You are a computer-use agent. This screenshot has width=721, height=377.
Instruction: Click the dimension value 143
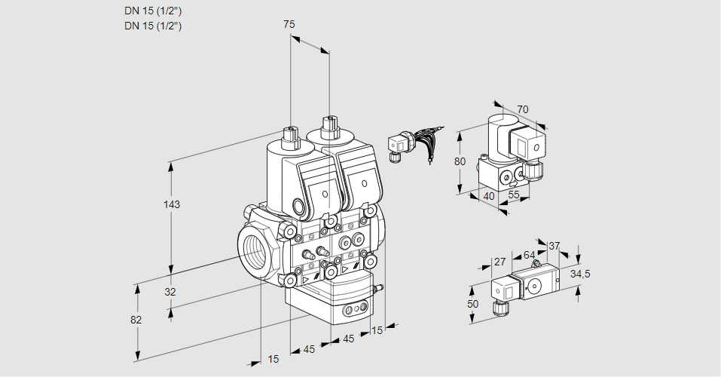[172, 204]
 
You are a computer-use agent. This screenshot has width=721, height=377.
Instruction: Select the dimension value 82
[136, 320]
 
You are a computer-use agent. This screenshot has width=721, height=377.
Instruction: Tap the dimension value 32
[170, 292]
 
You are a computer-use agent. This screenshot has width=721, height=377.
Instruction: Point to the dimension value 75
[289, 24]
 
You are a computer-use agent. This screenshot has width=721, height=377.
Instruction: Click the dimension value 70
[523, 109]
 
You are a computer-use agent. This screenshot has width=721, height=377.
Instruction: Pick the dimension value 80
[460, 161]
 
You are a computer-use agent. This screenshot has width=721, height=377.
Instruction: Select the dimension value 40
[489, 197]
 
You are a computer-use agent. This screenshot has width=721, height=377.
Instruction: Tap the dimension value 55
[514, 195]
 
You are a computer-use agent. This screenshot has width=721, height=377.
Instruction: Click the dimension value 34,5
[580, 274]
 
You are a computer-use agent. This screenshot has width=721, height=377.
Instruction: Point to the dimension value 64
[529, 255]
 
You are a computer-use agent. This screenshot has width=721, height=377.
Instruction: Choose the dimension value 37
[554, 246]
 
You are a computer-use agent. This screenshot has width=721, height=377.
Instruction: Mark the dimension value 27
[500, 262]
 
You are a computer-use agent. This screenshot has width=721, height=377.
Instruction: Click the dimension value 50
[472, 304]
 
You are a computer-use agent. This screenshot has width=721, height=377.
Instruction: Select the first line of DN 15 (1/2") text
[153, 11]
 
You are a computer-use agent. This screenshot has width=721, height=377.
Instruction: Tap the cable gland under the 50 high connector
[499, 308]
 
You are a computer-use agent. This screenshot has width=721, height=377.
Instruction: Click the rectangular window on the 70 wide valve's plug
[522, 147]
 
